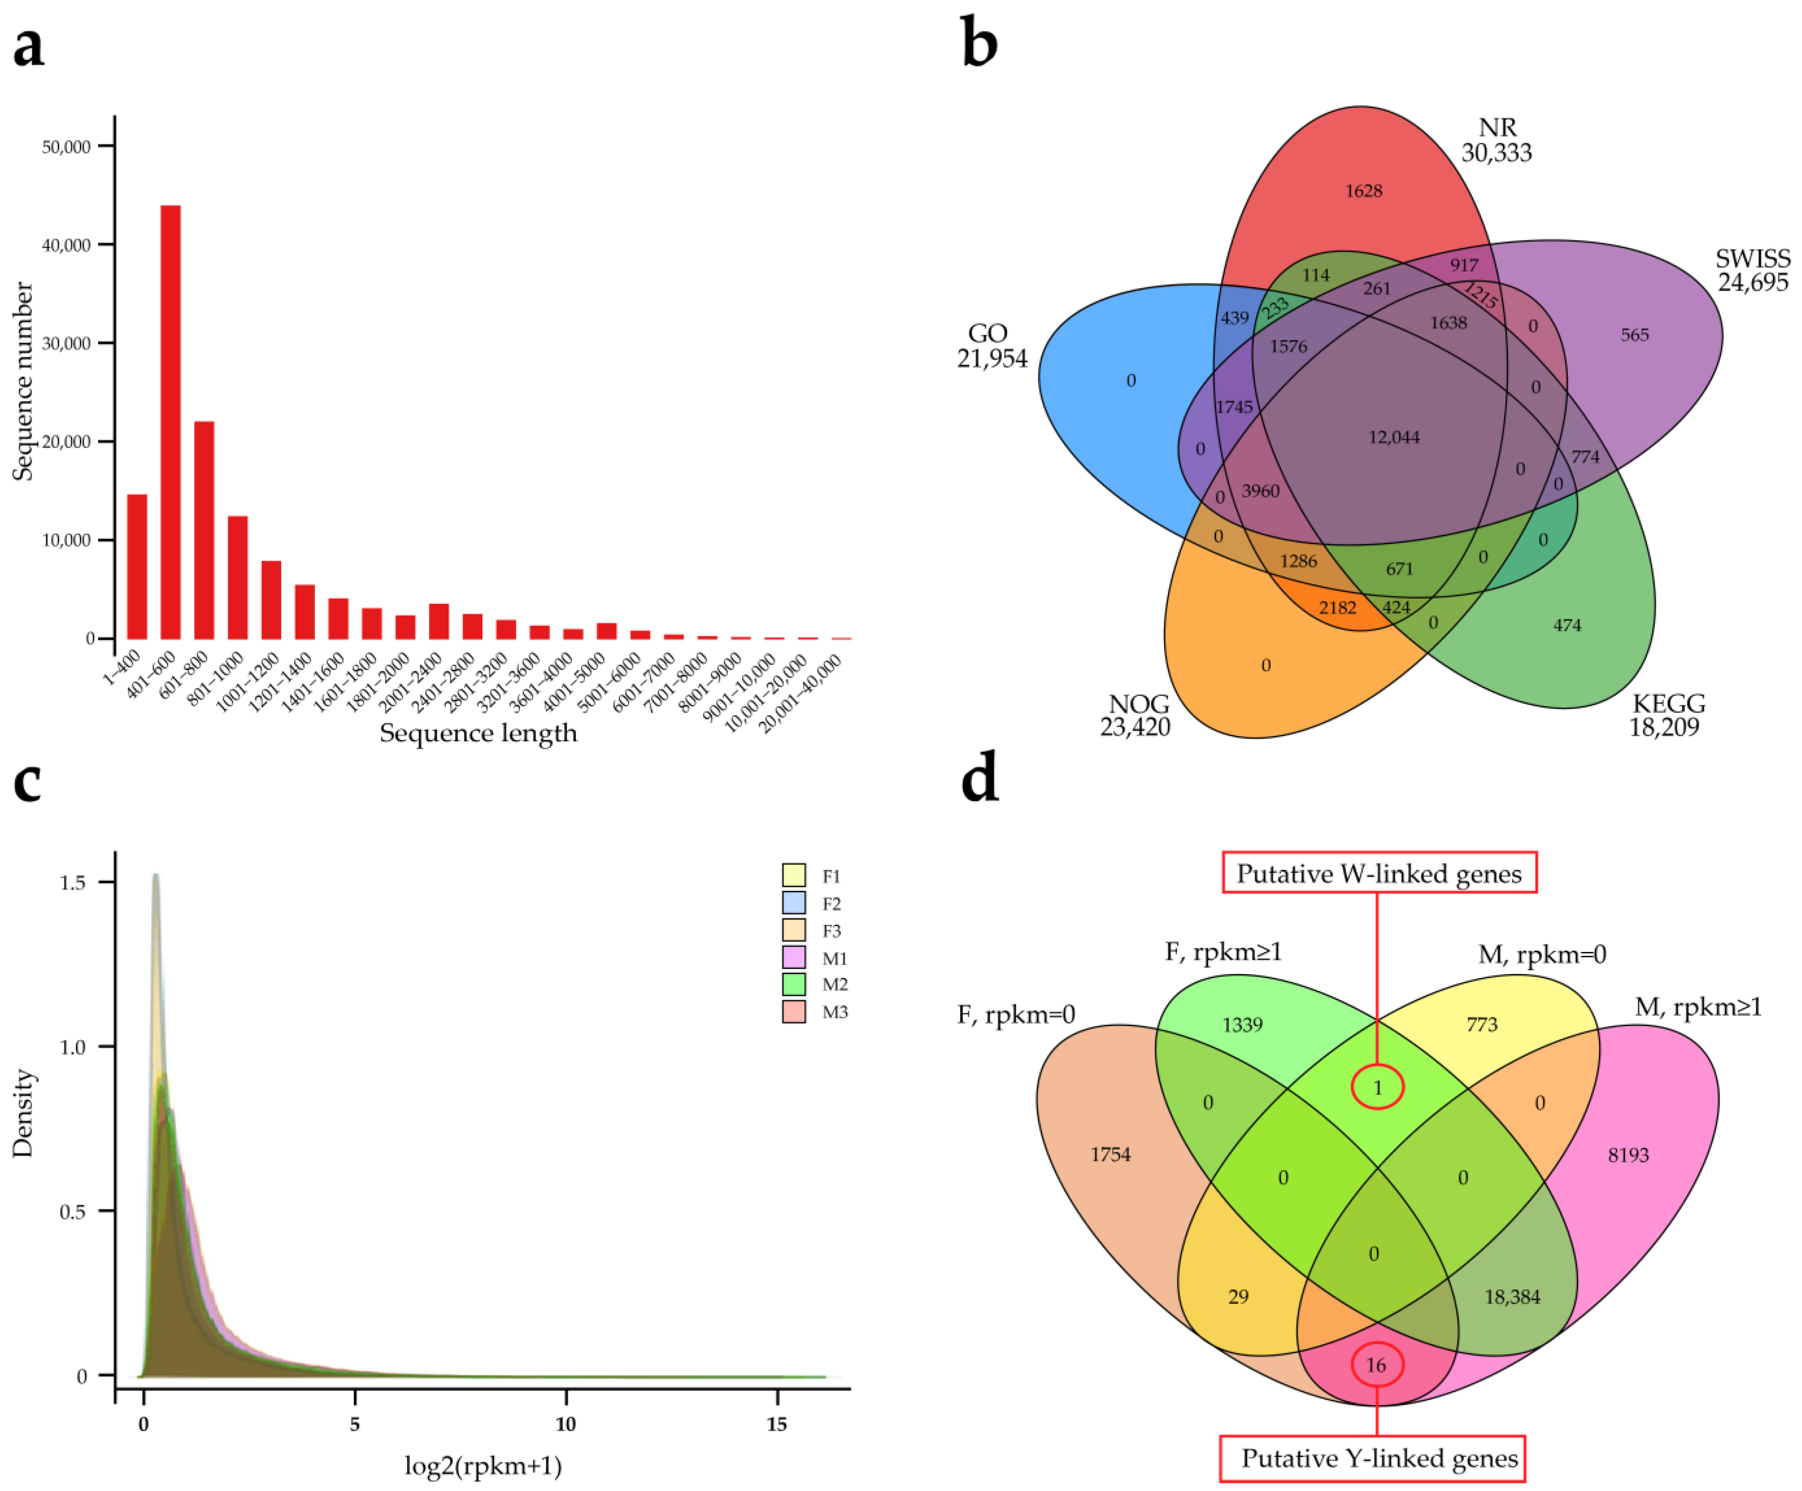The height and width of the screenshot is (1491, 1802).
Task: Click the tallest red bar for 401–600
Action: click(x=170, y=422)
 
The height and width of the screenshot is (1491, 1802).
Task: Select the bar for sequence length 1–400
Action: click(x=137, y=566)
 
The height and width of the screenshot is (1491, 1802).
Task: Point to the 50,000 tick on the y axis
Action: click(x=66, y=147)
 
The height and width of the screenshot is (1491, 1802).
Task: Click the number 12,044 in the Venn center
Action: click(x=1394, y=437)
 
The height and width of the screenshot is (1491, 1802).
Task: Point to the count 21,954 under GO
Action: click(x=992, y=359)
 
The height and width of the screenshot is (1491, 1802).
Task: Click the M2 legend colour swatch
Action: click(x=794, y=984)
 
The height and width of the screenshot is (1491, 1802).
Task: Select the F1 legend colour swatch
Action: click(x=794, y=875)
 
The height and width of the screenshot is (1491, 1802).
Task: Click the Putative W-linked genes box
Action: click(x=1379, y=873)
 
